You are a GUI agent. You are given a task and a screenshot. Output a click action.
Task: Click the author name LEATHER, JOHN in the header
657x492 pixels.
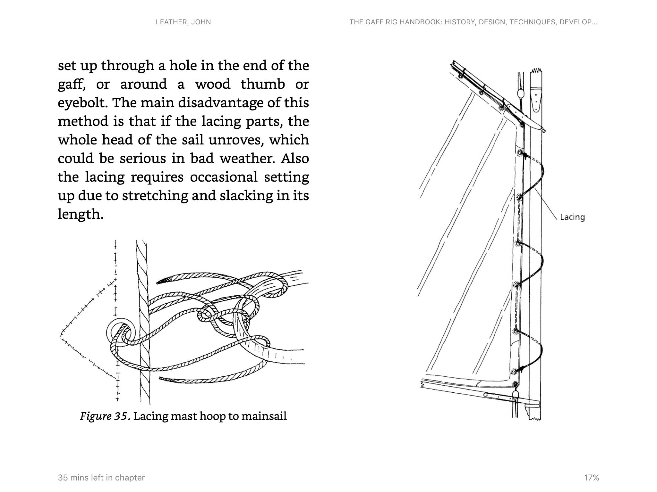coord(183,22)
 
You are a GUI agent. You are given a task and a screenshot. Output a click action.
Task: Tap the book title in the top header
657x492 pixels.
coord(473,22)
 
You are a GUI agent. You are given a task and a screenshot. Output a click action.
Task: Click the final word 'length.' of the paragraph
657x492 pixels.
coord(81,214)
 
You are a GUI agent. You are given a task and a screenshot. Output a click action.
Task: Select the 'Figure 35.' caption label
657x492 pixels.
coord(105,416)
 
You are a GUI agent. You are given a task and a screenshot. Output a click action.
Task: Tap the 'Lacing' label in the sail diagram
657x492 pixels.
coord(572,217)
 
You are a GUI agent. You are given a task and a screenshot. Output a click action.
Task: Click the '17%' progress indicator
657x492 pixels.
coord(591,478)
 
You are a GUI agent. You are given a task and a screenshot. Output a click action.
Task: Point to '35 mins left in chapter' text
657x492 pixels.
coord(101,478)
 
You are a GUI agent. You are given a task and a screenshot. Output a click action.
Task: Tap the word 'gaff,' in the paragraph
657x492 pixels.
coord(72,85)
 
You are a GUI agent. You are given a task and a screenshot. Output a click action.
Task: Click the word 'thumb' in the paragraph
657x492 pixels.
coord(263,85)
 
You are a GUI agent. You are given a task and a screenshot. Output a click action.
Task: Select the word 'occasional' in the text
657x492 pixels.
coord(224,177)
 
